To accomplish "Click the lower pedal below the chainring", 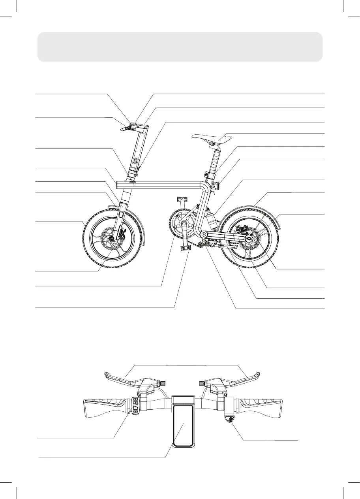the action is pos(184,248).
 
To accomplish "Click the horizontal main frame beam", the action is pos(166,184).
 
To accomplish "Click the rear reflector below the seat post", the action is pos(216,185).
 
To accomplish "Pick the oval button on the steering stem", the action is pos(135,161).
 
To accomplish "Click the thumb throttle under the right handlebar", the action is pos(229,419).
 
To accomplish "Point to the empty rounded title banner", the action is pos(180,47).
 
